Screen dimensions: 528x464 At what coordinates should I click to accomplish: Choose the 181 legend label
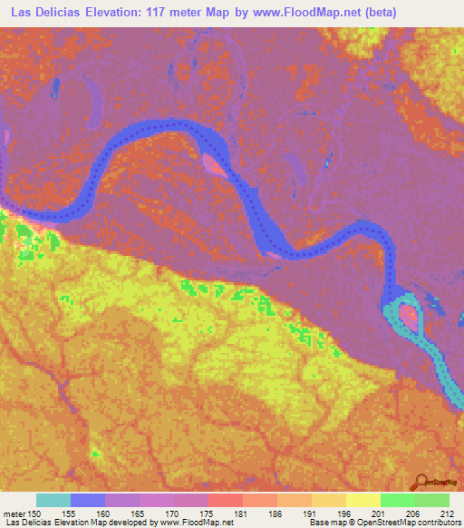(242, 514)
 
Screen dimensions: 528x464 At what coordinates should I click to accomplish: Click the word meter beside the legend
(15, 514)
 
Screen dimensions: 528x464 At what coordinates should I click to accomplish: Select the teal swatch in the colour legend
(53, 500)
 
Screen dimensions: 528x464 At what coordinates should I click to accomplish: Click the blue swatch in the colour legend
(88, 500)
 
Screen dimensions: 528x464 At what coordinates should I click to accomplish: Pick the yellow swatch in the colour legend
(363, 500)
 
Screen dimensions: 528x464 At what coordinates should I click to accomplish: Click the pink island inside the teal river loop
(410, 318)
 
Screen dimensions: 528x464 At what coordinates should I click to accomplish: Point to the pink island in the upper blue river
(215, 162)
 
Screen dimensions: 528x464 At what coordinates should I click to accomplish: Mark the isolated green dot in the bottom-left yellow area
(96, 452)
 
